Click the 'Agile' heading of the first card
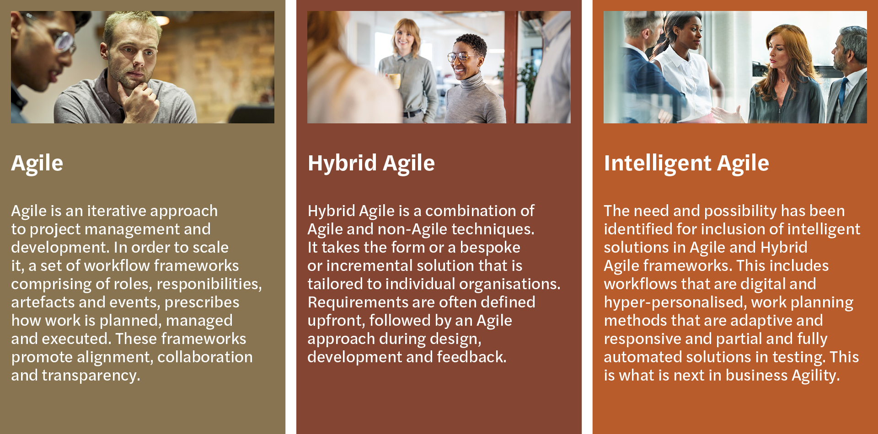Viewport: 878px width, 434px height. (x=37, y=163)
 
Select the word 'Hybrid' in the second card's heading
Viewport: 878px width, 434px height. (x=343, y=163)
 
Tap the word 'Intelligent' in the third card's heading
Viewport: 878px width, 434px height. (x=658, y=163)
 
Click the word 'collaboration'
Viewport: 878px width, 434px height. (x=205, y=357)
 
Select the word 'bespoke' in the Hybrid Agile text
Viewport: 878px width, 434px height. (x=490, y=248)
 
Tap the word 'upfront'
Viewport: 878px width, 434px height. (x=335, y=321)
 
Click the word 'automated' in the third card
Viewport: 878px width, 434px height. (x=637, y=357)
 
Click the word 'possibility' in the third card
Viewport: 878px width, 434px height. (x=740, y=211)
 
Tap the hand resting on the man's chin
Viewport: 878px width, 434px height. (x=137, y=98)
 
